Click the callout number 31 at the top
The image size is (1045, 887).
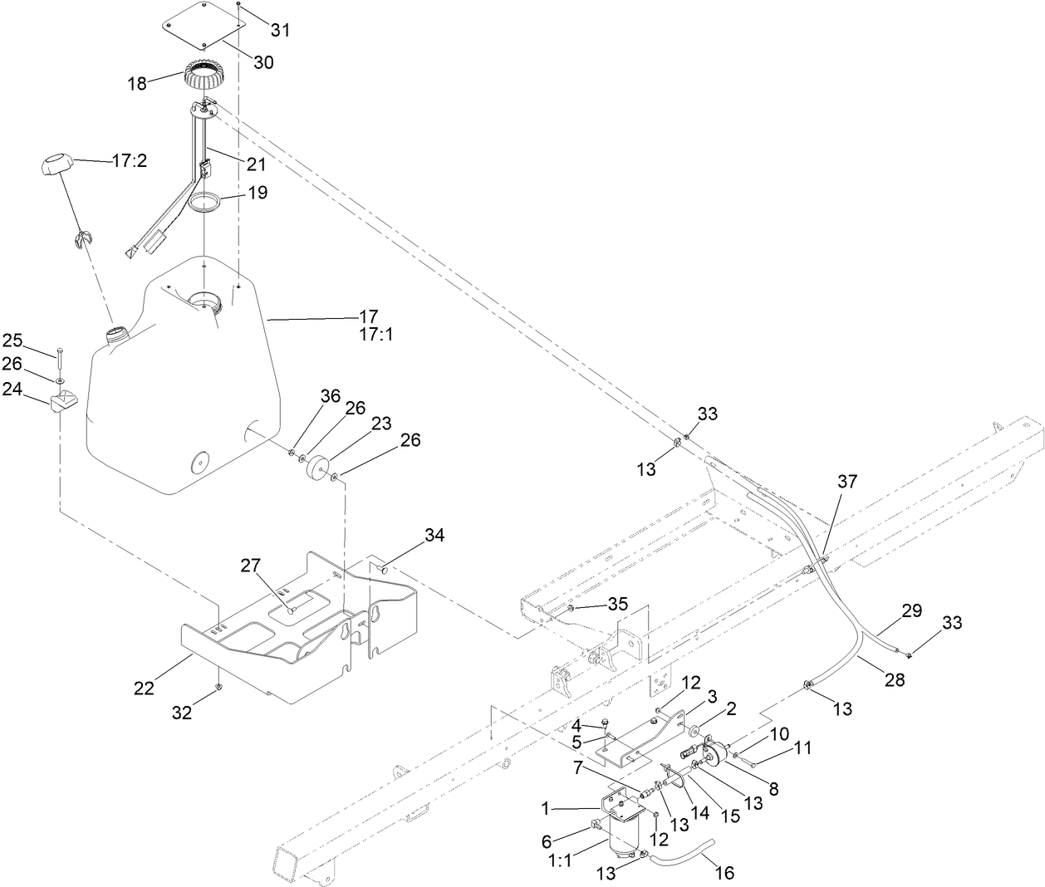coord(281,30)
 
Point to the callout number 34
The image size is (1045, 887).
coord(434,536)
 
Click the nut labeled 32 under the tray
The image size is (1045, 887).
coord(218,687)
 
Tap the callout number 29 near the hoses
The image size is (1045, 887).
coord(889,610)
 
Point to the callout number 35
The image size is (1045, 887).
coord(617,603)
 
